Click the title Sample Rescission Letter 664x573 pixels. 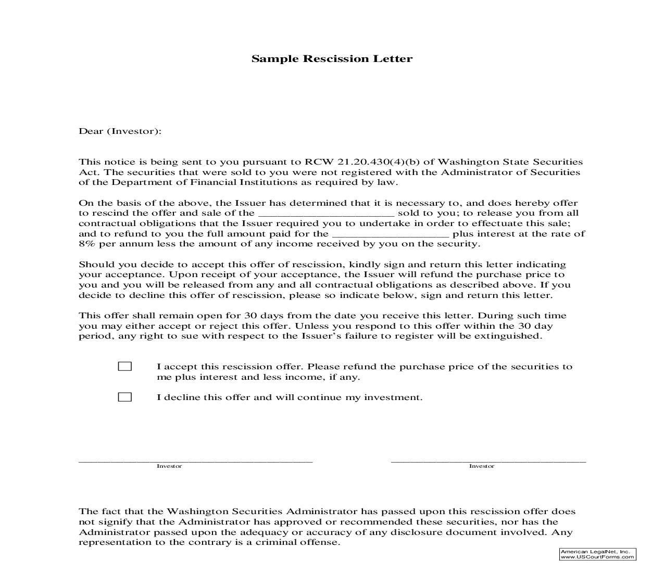(332, 58)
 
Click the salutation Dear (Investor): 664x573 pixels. (120, 131)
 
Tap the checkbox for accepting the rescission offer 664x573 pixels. (125, 366)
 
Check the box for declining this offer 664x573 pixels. (125, 397)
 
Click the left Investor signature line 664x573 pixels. (195, 460)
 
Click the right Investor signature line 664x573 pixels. (488, 460)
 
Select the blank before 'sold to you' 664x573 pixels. (326, 214)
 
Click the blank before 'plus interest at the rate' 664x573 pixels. (390, 234)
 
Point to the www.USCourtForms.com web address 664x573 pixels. (597, 557)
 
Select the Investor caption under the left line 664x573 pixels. (169, 466)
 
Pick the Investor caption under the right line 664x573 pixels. (482, 466)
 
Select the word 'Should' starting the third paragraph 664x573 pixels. (93, 265)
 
